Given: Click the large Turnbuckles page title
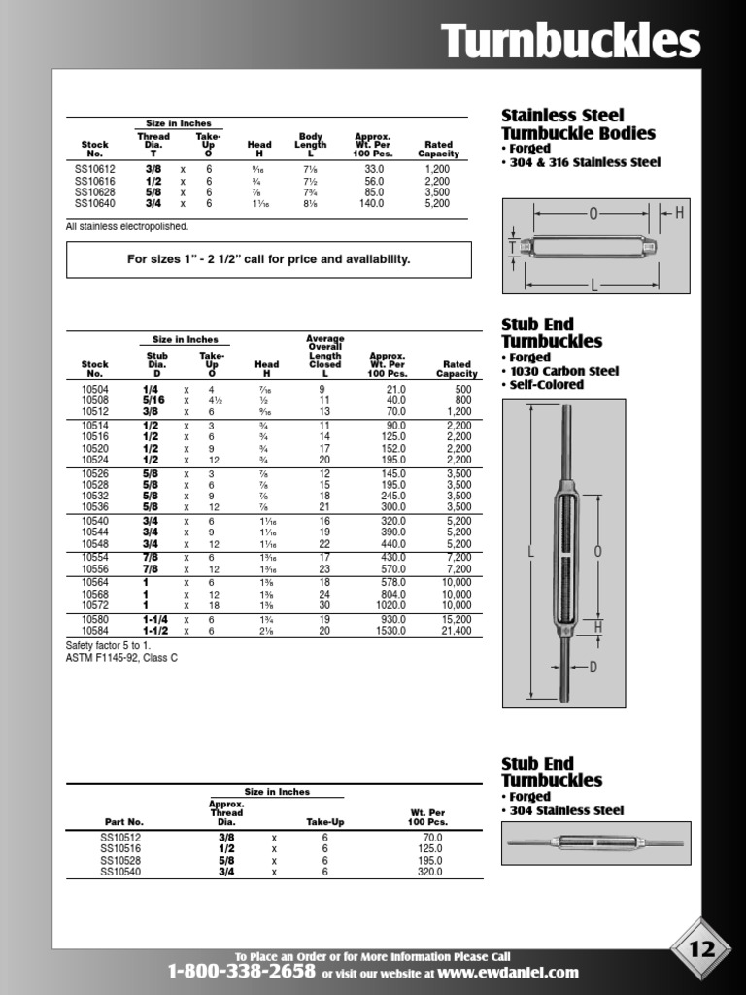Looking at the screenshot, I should [x=570, y=42].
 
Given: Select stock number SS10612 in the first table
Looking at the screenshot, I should [x=94, y=168].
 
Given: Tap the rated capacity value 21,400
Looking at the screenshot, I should [x=456, y=631].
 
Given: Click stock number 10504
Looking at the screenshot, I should [x=95, y=389].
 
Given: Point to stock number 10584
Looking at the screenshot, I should [x=95, y=631].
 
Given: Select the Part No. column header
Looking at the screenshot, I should [x=124, y=821].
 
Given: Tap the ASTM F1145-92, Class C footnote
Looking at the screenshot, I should [x=121, y=658].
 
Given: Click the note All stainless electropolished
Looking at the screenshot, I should [x=127, y=226].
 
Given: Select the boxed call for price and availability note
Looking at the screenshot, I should [x=268, y=259].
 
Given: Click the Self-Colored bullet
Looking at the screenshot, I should [x=547, y=385].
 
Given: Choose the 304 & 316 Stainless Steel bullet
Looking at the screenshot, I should [x=585, y=162].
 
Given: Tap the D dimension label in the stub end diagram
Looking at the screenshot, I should [x=593, y=667].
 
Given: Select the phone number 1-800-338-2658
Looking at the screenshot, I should [x=241, y=972].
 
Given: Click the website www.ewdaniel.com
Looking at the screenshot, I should [x=508, y=972].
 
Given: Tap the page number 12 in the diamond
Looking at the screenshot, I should [x=702, y=948].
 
